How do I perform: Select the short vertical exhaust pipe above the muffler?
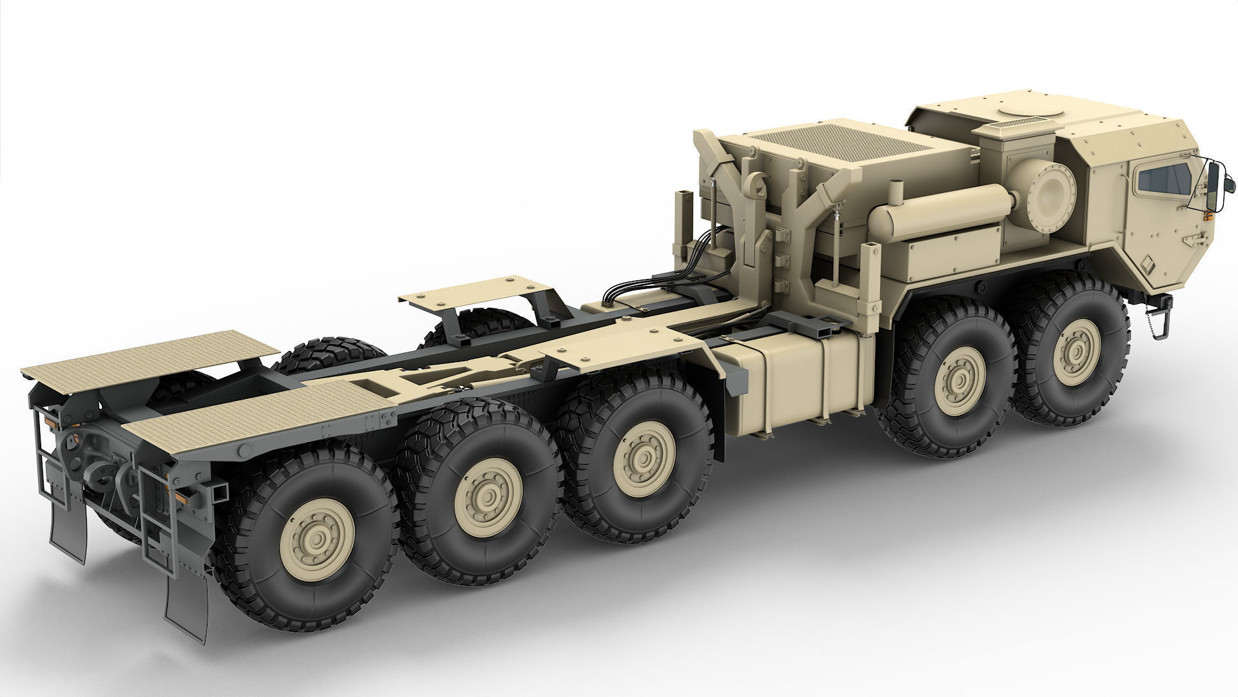(x=894, y=193)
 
